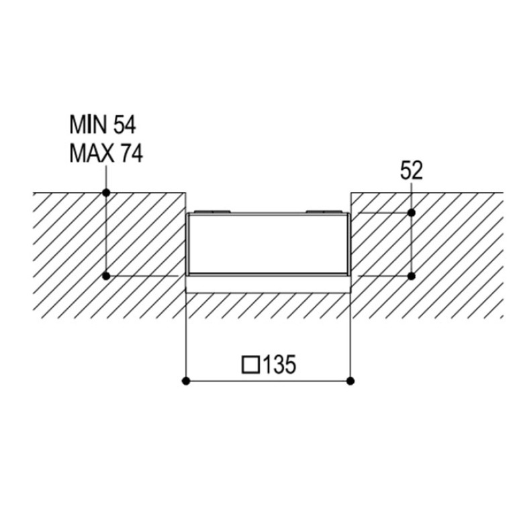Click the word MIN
(x=89, y=125)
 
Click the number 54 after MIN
(x=124, y=125)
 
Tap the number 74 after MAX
(x=132, y=154)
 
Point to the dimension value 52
(x=411, y=171)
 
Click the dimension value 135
(x=279, y=364)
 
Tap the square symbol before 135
(x=250, y=365)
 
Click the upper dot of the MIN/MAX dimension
(x=106, y=193)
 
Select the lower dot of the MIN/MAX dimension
(x=106, y=276)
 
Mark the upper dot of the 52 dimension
(x=412, y=213)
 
